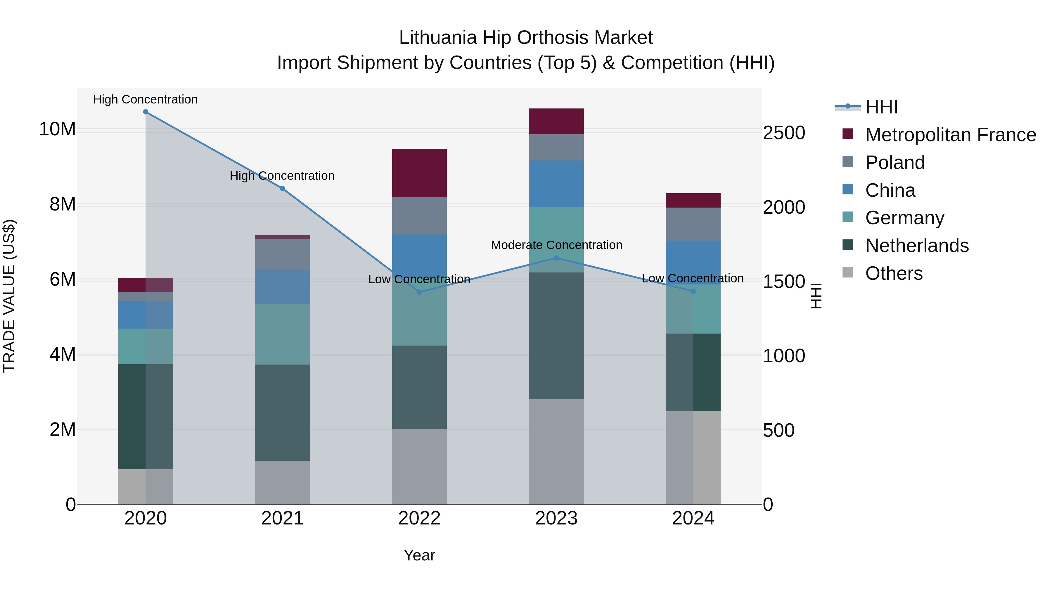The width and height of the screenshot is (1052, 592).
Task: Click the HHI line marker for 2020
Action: click(x=146, y=112)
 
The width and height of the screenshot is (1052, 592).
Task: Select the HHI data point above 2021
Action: click(x=282, y=188)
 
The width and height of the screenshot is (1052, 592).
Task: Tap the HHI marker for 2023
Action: click(x=556, y=258)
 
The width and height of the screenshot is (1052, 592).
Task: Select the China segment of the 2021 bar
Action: click(x=282, y=286)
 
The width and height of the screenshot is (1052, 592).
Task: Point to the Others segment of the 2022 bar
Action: click(x=419, y=466)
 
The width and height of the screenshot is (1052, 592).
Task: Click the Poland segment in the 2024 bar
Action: click(x=693, y=224)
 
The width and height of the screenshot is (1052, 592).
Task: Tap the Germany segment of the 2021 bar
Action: click(x=282, y=334)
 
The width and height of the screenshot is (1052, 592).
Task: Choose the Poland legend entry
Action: click(x=895, y=163)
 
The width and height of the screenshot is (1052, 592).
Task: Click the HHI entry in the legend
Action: click(x=881, y=107)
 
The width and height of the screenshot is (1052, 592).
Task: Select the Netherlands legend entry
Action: click(x=917, y=246)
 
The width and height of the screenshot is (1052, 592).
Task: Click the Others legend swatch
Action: click(x=848, y=272)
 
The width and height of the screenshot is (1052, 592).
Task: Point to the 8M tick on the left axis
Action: click(x=63, y=204)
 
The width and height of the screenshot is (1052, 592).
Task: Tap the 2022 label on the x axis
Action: click(x=419, y=518)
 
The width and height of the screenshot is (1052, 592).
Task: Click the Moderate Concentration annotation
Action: click(x=556, y=245)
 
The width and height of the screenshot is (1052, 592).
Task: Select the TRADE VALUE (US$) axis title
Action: click(x=9, y=296)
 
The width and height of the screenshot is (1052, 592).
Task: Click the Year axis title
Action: click(x=419, y=555)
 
